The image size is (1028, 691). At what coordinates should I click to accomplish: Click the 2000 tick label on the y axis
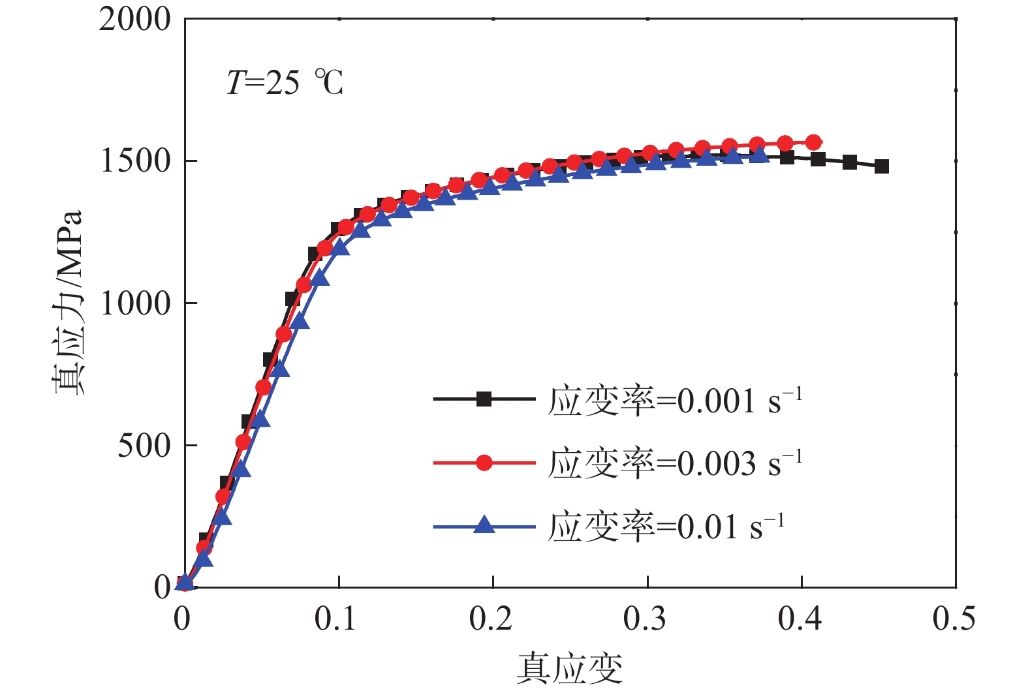(134, 20)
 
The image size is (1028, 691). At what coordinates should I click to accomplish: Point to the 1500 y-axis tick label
(134, 161)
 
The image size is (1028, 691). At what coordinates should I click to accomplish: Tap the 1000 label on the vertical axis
(134, 303)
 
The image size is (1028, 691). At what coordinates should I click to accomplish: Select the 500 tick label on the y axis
(144, 446)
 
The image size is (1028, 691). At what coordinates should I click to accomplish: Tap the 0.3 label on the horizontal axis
(645, 619)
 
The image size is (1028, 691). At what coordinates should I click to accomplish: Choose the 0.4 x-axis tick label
(800, 619)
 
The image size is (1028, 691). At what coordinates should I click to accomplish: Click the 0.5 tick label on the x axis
(954, 619)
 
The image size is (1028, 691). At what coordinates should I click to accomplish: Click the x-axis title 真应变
(569, 668)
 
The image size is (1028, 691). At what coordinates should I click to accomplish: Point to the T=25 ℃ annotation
(285, 83)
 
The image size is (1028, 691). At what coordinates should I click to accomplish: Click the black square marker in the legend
(484, 399)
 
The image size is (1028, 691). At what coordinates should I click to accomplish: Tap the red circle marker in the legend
(484, 463)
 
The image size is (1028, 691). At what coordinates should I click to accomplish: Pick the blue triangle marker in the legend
(484, 525)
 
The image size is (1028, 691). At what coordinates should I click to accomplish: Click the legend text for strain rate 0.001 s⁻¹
(675, 400)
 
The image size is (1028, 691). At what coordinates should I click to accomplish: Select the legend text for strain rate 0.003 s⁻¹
(675, 463)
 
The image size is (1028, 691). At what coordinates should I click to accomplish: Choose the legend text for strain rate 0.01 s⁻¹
(666, 526)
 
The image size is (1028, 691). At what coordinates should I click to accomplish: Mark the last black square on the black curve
(882, 166)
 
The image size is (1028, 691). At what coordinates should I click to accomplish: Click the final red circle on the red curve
(813, 142)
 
